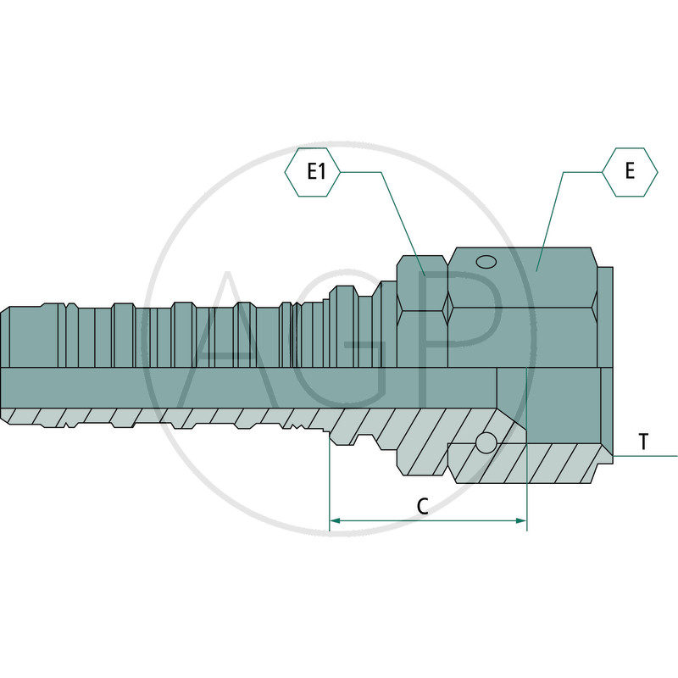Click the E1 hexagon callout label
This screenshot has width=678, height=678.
coord(312,172)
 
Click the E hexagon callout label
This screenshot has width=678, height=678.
coord(630,172)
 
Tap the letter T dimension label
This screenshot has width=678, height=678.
coord(644,442)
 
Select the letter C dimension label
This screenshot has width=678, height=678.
coord(422,506)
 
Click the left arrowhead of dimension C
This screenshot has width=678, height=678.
coord(335,520)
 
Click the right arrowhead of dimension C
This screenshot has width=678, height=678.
coord(521,520)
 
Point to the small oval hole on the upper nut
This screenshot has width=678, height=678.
coord(486,262)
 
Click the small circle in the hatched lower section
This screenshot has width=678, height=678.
coord(486,442)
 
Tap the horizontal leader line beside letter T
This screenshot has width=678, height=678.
coord(645,456)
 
